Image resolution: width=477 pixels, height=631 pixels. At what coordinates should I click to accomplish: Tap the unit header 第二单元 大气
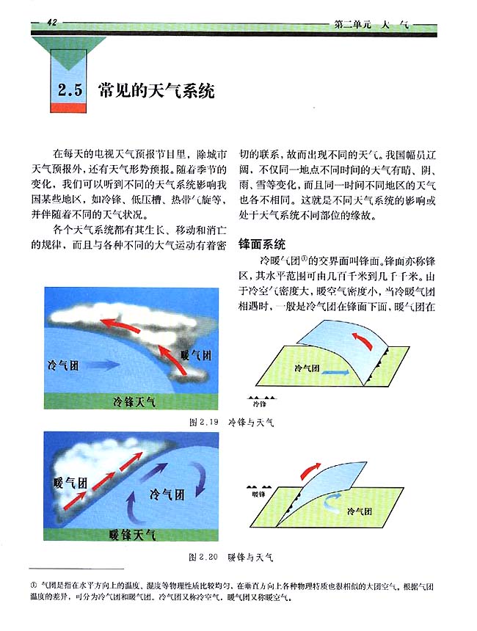pyautogui.click(x=371, y=25)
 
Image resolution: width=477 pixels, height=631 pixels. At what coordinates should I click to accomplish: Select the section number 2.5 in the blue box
pyautogui.click(x=70, y=92)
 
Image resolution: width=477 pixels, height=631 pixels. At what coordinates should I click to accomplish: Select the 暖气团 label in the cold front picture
pyautogui.click(x=195, y=355)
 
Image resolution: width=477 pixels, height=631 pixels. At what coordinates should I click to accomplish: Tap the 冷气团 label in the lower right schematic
pyautogui.click(x=359, y=511)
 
